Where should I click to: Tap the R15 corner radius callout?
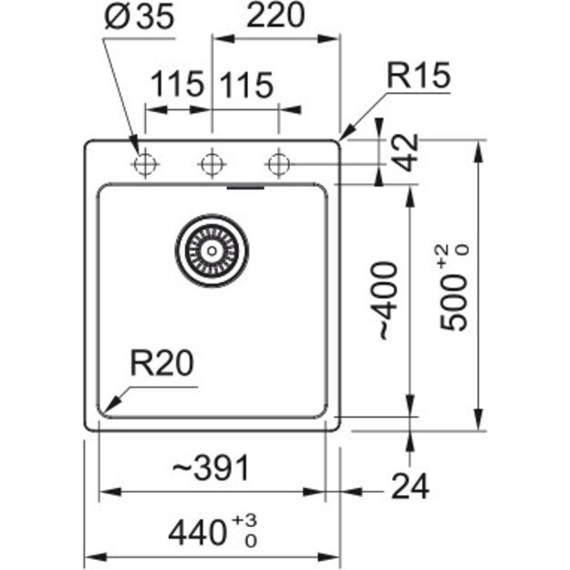pos(419,78)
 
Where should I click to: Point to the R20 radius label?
pos(161,365)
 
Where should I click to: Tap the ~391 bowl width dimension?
pos(211,468)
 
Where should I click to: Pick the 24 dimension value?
pos(409,488)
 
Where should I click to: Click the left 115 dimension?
pos(177,86)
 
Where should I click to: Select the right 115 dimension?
pos(245,86)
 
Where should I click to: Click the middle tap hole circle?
pos(212,164)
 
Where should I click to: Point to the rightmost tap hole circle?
pos(278,164)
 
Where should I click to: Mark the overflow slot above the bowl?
pos(244,189)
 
